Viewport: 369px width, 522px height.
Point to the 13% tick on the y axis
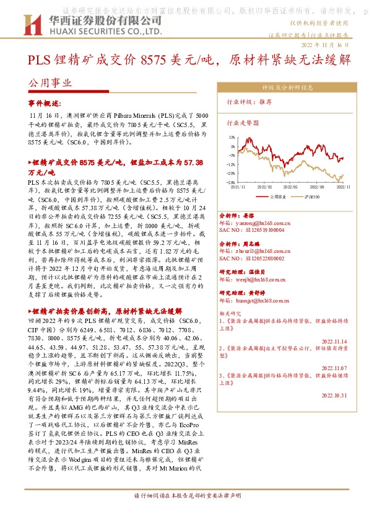click(x=231, y=138)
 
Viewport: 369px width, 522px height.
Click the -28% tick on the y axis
click(x=230, y=183)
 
